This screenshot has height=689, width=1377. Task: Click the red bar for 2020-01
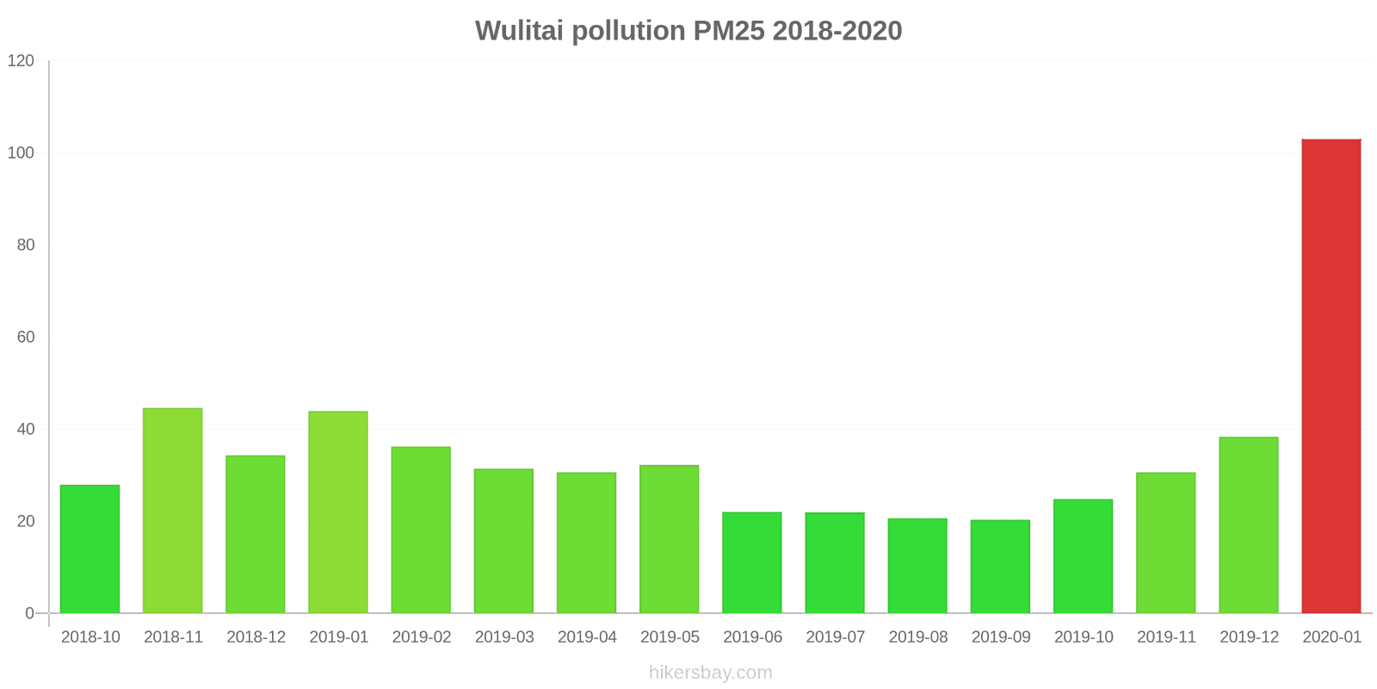click(x=1331, y=376)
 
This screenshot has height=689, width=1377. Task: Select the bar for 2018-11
click(x=173, y=511)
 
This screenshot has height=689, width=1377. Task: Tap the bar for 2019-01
click(x=338, y=512)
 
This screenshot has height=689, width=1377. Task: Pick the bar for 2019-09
click(x=1000, y=567)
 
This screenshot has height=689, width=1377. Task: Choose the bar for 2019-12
click(x=1248, y=525)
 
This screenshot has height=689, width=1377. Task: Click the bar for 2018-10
click(x=90, y=549)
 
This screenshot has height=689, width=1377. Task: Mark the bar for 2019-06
click(x=752, y=562)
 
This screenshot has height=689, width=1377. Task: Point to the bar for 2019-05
click(x=670, y=539)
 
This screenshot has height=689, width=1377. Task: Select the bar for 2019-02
click(x=421, y=530)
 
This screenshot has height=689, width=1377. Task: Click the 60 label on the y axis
click(x=26, y=338)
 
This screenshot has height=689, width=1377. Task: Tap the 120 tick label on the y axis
click(x=21, y=61)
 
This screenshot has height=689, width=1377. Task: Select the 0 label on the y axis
click(x=30, y=614)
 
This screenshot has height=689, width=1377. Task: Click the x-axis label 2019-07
click(x=835, y=637)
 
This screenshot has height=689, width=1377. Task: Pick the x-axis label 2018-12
click(x=256, y=637)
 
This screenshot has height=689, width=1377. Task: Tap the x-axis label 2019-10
click(x=1084, y=637)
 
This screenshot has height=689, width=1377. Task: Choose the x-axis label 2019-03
click(x=504, y=637)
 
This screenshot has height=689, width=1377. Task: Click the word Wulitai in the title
click(x=519, y=31)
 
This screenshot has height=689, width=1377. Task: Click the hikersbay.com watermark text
click(x=711, y=673)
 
